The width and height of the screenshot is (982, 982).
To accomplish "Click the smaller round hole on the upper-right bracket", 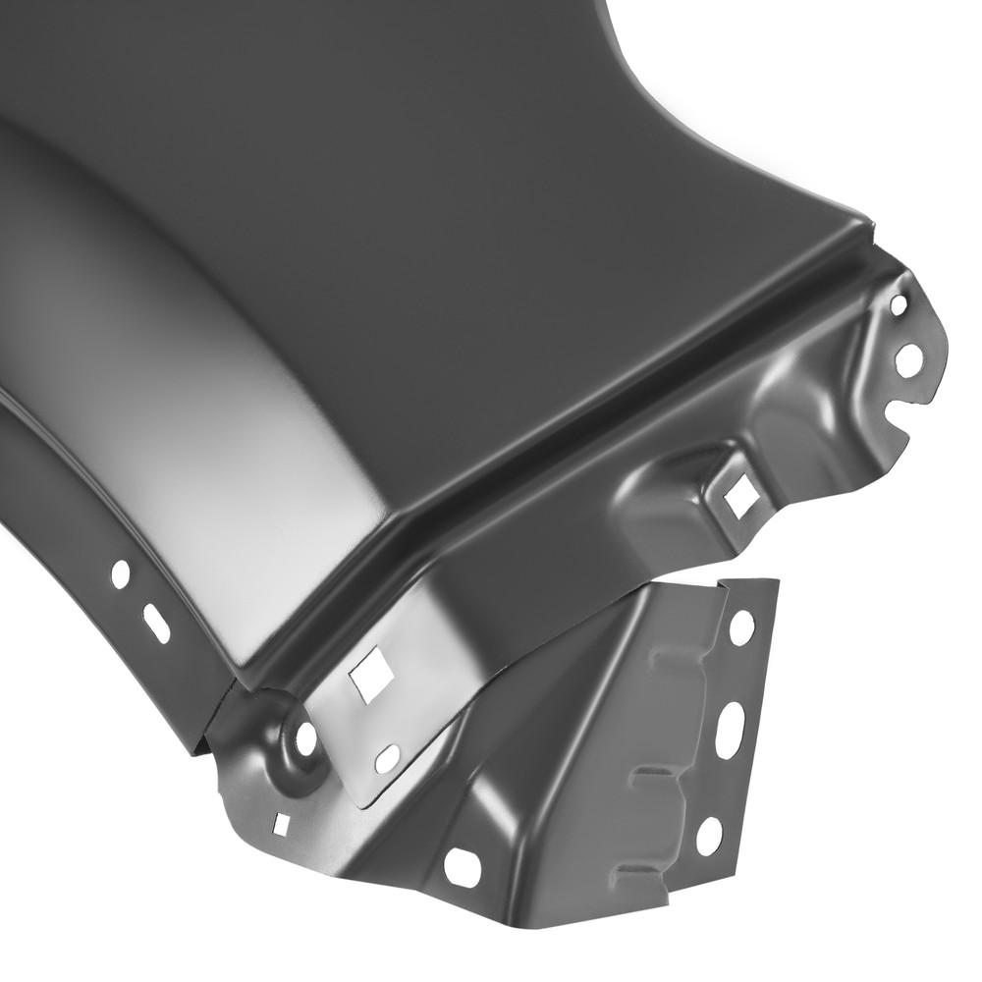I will pos(898,305).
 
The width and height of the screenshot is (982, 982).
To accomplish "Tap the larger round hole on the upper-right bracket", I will pos(909,359).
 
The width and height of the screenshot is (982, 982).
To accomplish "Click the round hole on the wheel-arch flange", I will pos(121,573).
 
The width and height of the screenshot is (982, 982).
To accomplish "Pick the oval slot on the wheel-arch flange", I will pos(156,624).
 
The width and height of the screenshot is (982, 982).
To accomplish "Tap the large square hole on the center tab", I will pos(372,677).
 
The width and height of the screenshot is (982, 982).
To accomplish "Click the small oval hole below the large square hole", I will pos(388,757).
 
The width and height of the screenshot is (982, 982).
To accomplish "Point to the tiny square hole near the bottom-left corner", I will pos(282,824).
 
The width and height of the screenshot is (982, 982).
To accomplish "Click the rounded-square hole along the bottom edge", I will pos(463,866).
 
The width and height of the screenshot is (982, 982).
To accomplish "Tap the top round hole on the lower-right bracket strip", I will pos(742,627).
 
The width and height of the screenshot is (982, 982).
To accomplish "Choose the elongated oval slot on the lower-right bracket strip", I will pos(731,730).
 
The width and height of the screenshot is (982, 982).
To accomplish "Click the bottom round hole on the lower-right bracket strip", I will pos(709,835).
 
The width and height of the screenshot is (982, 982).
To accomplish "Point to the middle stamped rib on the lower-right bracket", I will pos(653,775).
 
